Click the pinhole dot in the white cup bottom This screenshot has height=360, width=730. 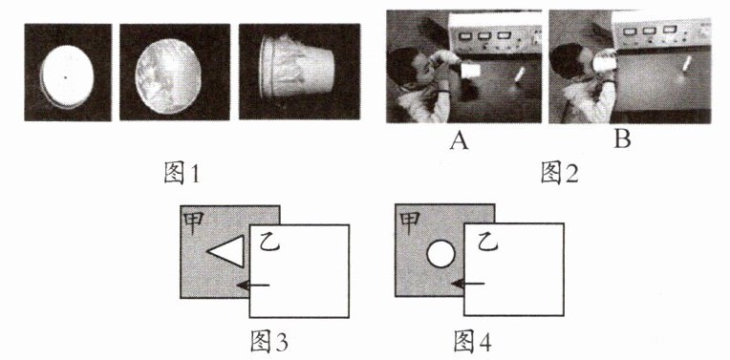click(x=66, y=77)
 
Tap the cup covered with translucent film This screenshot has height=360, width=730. click(x=168, y=76)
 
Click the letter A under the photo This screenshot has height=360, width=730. click(x=459, y=139)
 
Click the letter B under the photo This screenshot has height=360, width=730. click(x=622, y=139)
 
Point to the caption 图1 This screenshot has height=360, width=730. click(x=182, y=174)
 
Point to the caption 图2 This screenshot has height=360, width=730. click(x=559, y=174)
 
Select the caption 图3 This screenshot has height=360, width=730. click(x=268, y=342)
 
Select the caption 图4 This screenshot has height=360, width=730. click(x=472, y=342)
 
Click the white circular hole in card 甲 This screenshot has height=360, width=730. click(x=440, y=254)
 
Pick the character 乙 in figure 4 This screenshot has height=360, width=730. click(x=485, y=242)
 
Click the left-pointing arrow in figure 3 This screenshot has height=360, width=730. click(x=253, y=285)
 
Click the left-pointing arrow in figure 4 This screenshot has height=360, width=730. click(x=468, y=284)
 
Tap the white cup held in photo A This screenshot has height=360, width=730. click(x=470, y=71)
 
